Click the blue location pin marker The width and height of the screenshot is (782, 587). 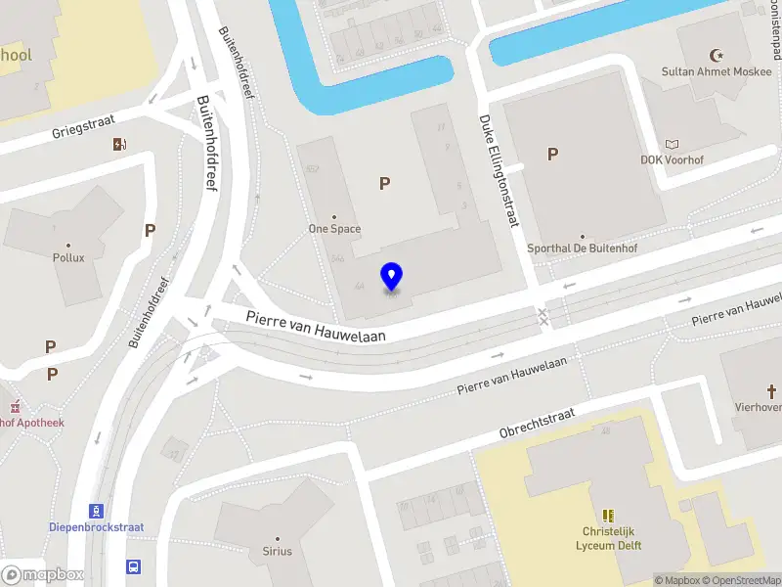click(392, 277)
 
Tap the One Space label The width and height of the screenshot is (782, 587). click(334, 229)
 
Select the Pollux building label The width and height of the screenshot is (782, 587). click(68, 257)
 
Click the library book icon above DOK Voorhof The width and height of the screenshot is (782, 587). click(672, 143)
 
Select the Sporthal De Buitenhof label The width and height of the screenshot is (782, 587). click(582, 248)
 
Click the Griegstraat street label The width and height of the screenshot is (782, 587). click(85, 126)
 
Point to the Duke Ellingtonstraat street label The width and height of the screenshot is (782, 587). click(498, 171)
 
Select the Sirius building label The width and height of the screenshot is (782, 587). click(277, 551)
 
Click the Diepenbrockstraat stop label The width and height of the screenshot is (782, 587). click(96, 527)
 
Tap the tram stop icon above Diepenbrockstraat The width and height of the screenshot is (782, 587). click(97, 511)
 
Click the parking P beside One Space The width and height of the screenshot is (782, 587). click(385, 183)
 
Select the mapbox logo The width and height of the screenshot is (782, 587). click(41, 575)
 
